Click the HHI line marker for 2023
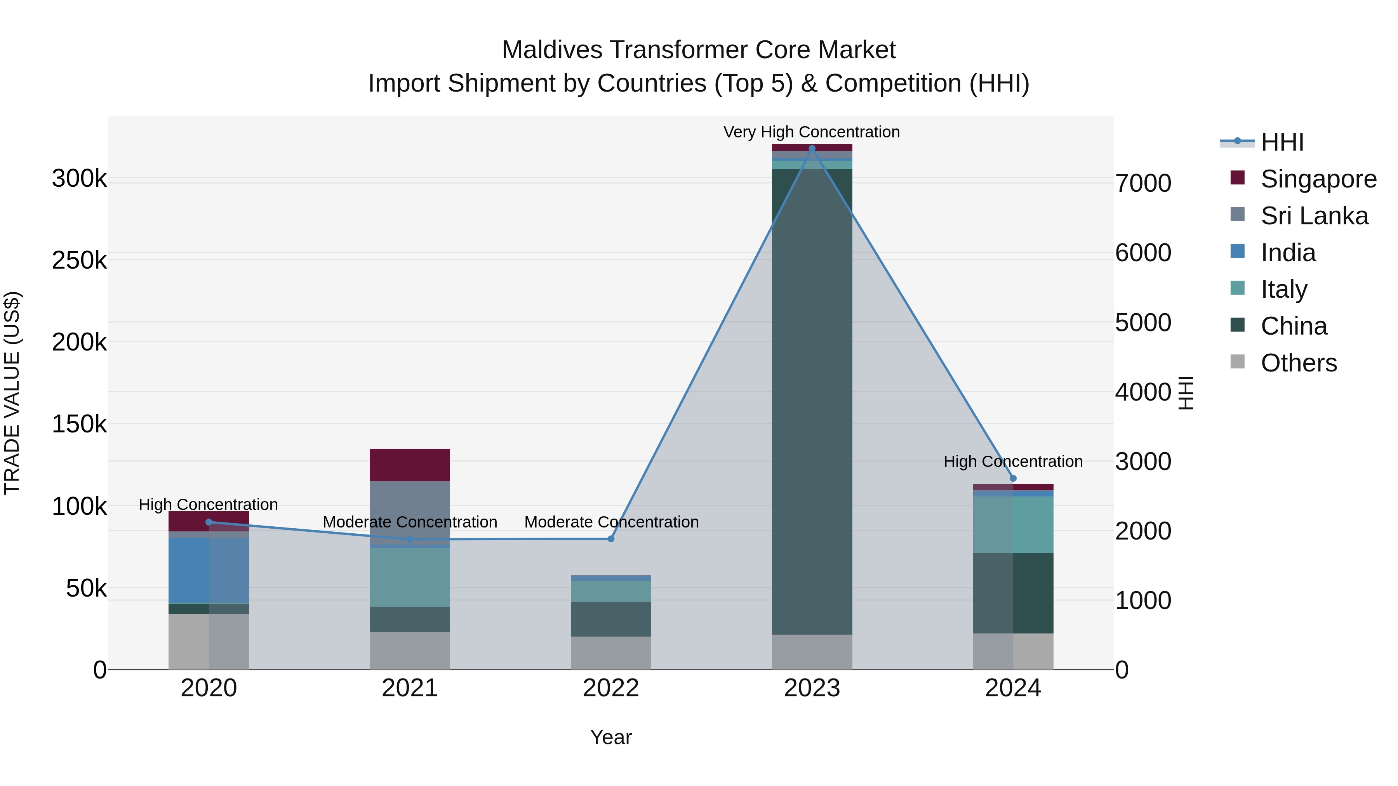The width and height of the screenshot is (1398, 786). pos(812,149)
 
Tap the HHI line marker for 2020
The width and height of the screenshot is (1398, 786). pos(209,522)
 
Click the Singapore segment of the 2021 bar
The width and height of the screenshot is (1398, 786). pos(410,465)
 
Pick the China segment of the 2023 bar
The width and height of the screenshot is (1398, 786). pos(812,401)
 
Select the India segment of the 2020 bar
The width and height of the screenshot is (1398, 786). pos(209,570)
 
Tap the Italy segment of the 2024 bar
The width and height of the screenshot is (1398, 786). pos(1013,524)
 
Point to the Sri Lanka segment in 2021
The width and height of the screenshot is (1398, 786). pos(410,513)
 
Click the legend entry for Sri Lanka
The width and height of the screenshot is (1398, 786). pos(1314,216)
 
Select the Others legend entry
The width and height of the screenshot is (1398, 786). pos(1298,363)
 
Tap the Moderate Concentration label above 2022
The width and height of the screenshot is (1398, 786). pos(611,522)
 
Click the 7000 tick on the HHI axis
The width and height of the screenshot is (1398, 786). pos(1143,183)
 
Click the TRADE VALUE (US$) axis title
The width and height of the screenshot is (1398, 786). pos(12,393)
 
